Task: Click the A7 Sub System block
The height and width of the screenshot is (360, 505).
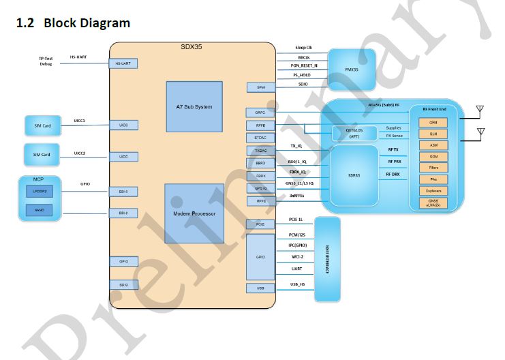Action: [x=194, y=107]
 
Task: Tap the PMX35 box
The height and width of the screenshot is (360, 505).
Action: [x=352, y=69]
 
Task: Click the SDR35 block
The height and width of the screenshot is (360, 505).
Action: [x=354, y=175]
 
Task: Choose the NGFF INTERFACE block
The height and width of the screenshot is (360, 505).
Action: [x=328, y=259]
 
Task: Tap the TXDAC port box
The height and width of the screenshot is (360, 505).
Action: [x=260, y=150]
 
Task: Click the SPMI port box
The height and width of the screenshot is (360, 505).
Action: [x=260, y=87]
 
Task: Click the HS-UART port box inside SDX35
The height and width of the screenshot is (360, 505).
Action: [x=123, y=63]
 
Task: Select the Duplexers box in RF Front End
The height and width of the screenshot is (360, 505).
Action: [x=433, y=191]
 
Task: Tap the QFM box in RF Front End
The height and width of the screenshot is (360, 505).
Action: [x=433, y=123]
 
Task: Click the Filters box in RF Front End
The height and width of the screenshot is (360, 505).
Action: [x=433, y=168]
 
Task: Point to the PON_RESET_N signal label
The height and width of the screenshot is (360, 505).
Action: [x=305, y=65]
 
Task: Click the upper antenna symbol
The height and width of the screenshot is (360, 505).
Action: [x=481, y=110]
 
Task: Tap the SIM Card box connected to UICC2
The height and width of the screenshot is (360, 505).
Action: [x=42, y=155]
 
